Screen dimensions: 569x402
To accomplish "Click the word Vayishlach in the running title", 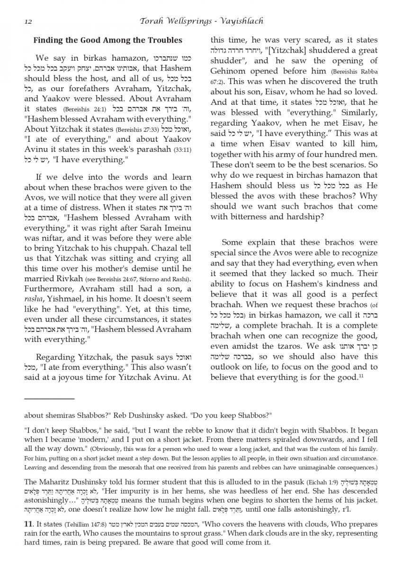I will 240,21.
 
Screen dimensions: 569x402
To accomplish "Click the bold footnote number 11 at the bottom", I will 27,524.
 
